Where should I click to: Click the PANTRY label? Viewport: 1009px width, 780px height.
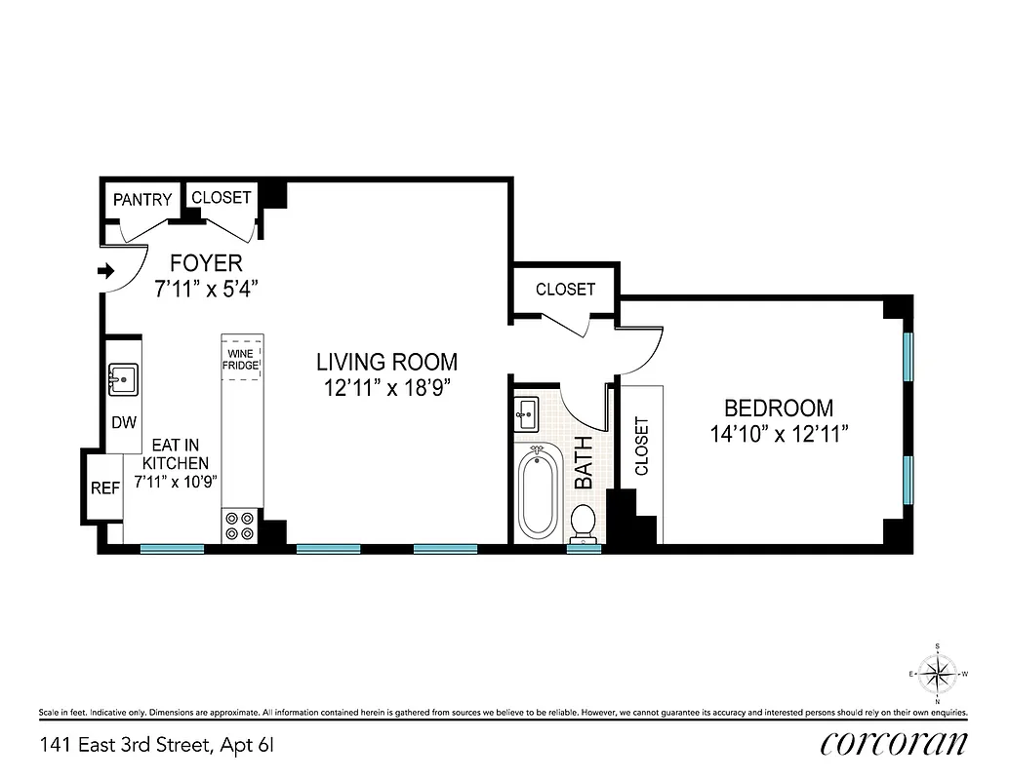click(142, 200)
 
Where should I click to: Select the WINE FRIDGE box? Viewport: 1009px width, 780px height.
click(241, 359)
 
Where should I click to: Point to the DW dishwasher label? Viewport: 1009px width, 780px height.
click(124, 423)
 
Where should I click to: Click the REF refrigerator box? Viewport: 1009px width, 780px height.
click(104, 488)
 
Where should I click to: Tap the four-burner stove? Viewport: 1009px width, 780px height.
click(240, 526)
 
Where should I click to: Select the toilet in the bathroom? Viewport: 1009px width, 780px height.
click(584, 522)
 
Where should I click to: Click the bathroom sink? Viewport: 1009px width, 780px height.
click(526, 413)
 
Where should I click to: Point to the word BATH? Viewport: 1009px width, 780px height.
click(584, 462)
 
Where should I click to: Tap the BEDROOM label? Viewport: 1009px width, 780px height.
click(778, 409)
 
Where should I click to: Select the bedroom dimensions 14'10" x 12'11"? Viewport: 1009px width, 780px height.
click(778, 434)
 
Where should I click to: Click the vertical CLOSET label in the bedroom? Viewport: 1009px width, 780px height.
click(641, 447)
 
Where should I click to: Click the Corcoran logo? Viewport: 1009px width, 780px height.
click(895, 743)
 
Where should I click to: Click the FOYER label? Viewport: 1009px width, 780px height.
click(206, 263)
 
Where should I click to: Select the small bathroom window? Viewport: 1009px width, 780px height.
click(584, 549)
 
